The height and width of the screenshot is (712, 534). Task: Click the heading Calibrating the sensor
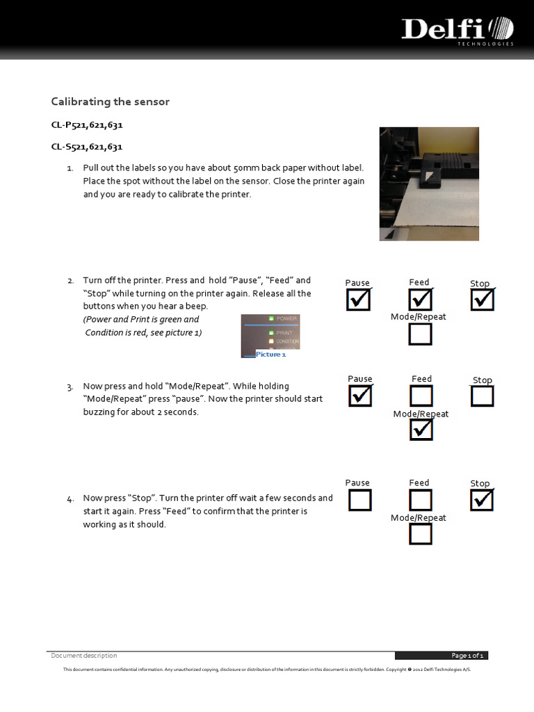point(110,102)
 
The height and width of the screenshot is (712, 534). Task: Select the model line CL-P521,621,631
point(87,125)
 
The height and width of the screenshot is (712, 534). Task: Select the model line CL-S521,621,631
point(87,147)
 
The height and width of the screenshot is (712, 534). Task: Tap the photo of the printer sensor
point(429,184)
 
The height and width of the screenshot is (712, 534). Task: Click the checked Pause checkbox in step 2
point(359,300)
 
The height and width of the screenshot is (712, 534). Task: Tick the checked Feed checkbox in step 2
point(420,300)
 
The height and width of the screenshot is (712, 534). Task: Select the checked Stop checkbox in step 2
point(482,300)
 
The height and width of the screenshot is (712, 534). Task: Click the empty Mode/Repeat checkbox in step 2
point(420,334)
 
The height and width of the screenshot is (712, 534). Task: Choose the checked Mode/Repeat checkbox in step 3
point(421,430)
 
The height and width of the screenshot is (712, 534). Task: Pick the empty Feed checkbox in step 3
point(421,396)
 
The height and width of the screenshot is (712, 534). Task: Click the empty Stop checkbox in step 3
point(482,396)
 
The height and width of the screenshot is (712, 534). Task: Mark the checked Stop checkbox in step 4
point(482,499)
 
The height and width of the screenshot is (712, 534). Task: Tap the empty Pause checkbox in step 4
point(359,500)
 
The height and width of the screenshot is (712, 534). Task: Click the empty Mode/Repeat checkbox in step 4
point(420,534)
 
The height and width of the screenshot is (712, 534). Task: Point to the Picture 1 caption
point(270,355)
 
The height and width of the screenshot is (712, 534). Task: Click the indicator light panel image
point(270,332)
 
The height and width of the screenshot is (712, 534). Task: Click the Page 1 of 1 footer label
point(468,656)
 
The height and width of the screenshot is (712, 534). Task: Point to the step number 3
point(70,387)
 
